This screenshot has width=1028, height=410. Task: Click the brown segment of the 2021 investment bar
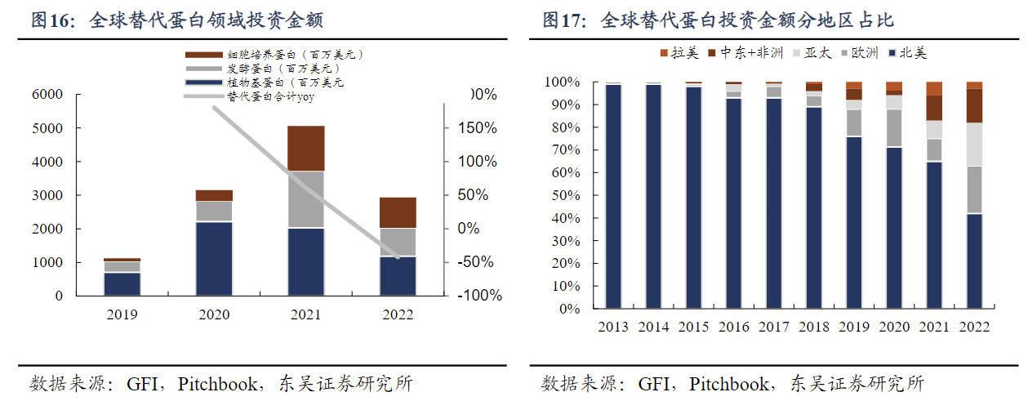(305, 148)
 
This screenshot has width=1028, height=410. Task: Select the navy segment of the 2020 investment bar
(214, 258)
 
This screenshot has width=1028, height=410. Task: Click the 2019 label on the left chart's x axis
(122, 314)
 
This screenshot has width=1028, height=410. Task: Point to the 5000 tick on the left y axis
(47, 128)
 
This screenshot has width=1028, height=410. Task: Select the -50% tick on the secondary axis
(479, 262)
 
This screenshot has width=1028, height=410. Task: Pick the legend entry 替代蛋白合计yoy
(270, 96)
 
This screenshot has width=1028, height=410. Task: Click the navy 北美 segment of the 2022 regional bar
(974, 261)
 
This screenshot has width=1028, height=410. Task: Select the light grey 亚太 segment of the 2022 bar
(974, 145)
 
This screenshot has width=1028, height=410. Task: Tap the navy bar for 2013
(613, 196)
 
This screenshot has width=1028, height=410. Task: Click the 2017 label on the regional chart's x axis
(773, 327)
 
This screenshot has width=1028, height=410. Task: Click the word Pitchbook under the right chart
(729, 384)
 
